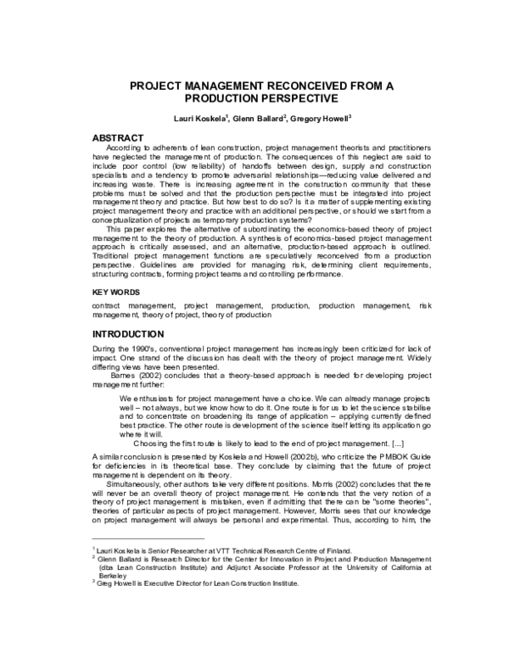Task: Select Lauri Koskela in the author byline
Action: (x=194, y=120)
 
